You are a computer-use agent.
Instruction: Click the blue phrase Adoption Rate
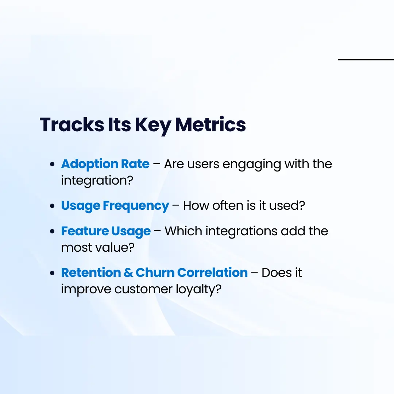point(105,164)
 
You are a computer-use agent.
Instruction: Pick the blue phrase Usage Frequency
point(115,205)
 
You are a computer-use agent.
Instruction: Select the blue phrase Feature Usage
point(106,231)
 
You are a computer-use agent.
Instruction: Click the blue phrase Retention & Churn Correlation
point(154,273)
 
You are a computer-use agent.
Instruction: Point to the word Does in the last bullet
point(276,273)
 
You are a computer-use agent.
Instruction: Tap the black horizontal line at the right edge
point(366,59)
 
